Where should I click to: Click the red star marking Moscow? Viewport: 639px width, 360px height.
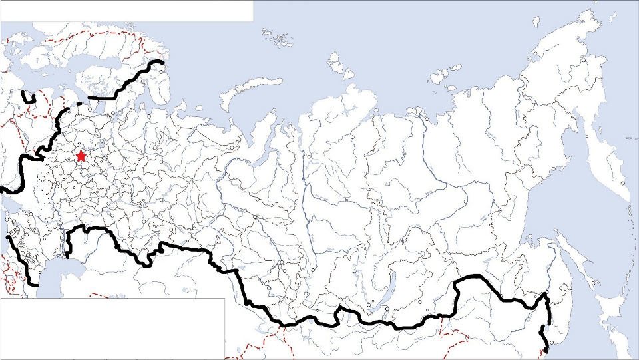click(81, 156)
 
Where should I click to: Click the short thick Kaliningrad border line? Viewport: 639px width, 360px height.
click(28, 98)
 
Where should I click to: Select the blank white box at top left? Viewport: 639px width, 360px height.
click(126, 11)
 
